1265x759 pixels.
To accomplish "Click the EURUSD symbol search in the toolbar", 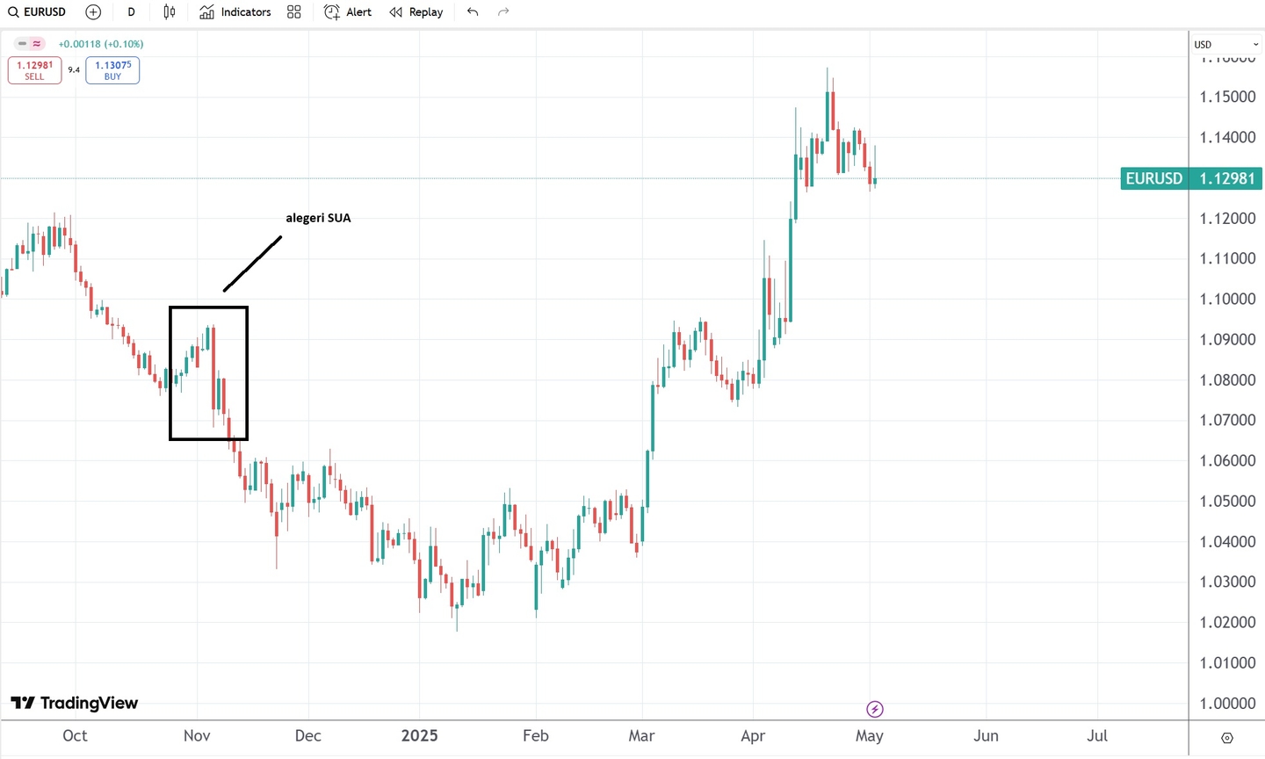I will pyautogui.click(x=38, y=12).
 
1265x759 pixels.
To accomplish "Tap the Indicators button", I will pyautogui.click(x=235, y=12).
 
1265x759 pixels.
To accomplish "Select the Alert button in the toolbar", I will pyautogui.click(x=348, y=12).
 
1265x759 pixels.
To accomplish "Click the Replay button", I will pyautogui.click(x=416, y=12).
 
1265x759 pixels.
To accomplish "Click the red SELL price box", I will pyautogui.click(x=34, y=70).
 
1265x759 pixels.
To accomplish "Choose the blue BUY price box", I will pyautogui.click(x=112, y=70).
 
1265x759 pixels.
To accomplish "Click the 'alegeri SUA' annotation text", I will pyautogui.click(x=318, y=218).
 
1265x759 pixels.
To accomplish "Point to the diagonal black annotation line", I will pyautogui.click(x=252, y=264).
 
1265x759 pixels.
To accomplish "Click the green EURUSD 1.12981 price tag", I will pyautogui.click(x=1190, y=178).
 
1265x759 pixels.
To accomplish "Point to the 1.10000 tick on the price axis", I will pyautogui.click(x=1227, y=299).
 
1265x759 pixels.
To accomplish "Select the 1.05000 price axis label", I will pyautogui.click(x=1227, y=501).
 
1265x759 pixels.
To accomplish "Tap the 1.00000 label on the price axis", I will pyautogui.click(x=1227, y=703).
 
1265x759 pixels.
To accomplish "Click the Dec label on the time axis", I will pyautogui.click(x=308, y=736).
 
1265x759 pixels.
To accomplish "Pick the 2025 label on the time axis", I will pyautogui.click(x=419, y=736).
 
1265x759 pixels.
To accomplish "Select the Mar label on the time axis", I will pyautogui.click(x=641, y=736).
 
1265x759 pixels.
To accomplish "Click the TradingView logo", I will pyautogui.click(x=75, y=703).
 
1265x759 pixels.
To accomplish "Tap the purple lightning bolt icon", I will pyautogui.click(x=875, y=709).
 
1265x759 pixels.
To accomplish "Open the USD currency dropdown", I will pyautogui.click(x=1225, y=45).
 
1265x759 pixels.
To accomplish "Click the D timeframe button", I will pyautogui.click(x=132, y=12).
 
